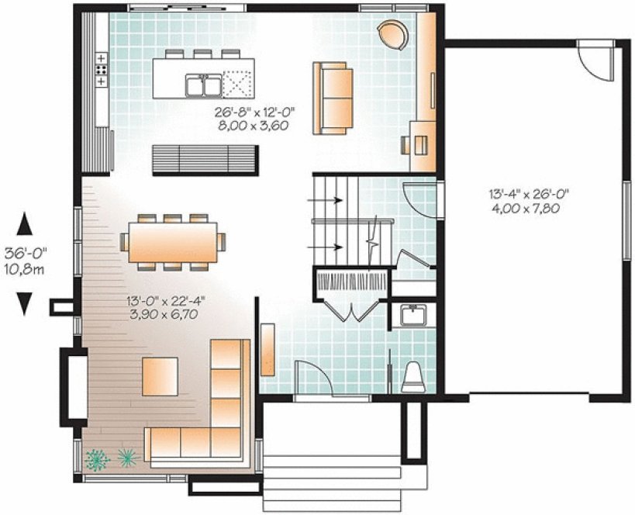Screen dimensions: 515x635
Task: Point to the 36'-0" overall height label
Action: tap(26, 254)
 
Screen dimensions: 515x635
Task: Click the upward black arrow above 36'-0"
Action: tap(26, 225)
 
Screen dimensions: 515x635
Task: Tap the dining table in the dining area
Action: tap(172, 241)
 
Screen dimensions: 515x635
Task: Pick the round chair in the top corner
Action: tap(392, 34)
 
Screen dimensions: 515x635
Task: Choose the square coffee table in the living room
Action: tap(160, 376)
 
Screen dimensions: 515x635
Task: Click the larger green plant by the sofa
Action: tap(96, 459)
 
